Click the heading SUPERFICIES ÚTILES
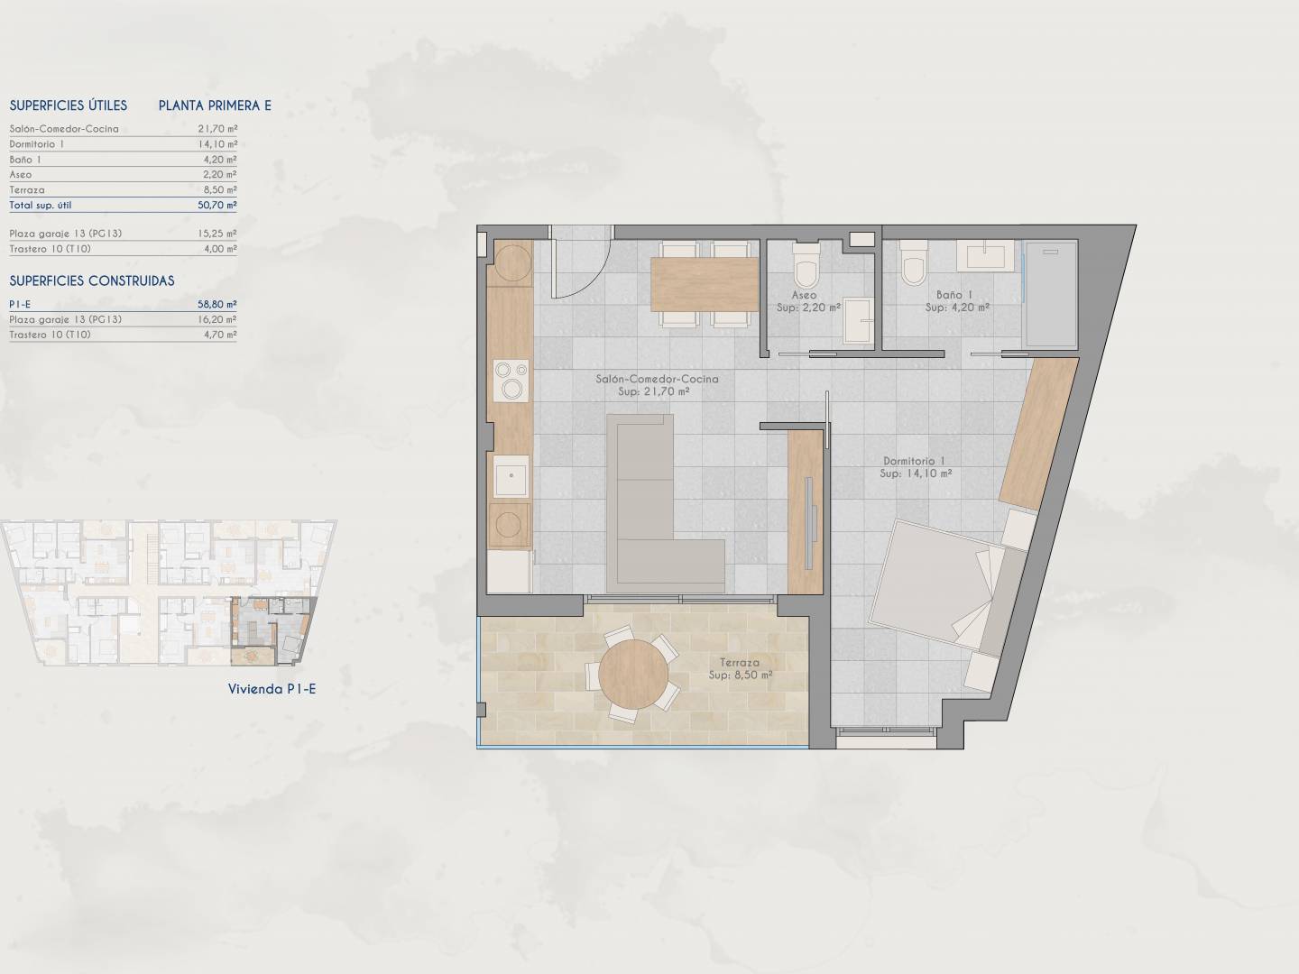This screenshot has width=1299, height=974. pyautogui.click(x=68, y=106)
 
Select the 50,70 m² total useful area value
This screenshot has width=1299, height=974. pyautogui.click(x=217, y=206)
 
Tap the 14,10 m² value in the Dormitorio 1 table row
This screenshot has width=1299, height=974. pyautogui.click(x=217, y=143)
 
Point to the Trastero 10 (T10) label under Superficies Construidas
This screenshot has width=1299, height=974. pyautogui.click(x=51, y=335)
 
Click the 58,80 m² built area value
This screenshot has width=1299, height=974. pyautogui.click(x=217, y=304)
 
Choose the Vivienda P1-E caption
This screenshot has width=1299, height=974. pyautogui.click(x=272, y=689)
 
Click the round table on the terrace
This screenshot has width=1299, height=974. pyautogui.click(x=633, y=675)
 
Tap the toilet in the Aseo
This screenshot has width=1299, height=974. pyautogui.click(x=806, y=264)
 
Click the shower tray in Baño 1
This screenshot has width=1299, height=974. pyautogui.click(x=1051, y=294)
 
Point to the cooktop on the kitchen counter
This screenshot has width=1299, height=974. pyautogui.click(x=511, y=381)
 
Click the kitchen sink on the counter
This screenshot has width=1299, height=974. pyautogui.click(x=511, y=475)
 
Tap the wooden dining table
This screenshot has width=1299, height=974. pyautogui.click(x=705, y=284)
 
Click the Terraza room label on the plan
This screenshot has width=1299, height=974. pyautogui.click(x=740, y=663)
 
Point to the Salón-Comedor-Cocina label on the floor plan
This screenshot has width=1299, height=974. pyautogui.click(x=657, y=379)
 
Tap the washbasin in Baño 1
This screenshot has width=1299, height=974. pyautogui.click(x=985, y=256)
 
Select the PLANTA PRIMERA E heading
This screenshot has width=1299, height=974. pyautogui.click(x=215, y=106)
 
